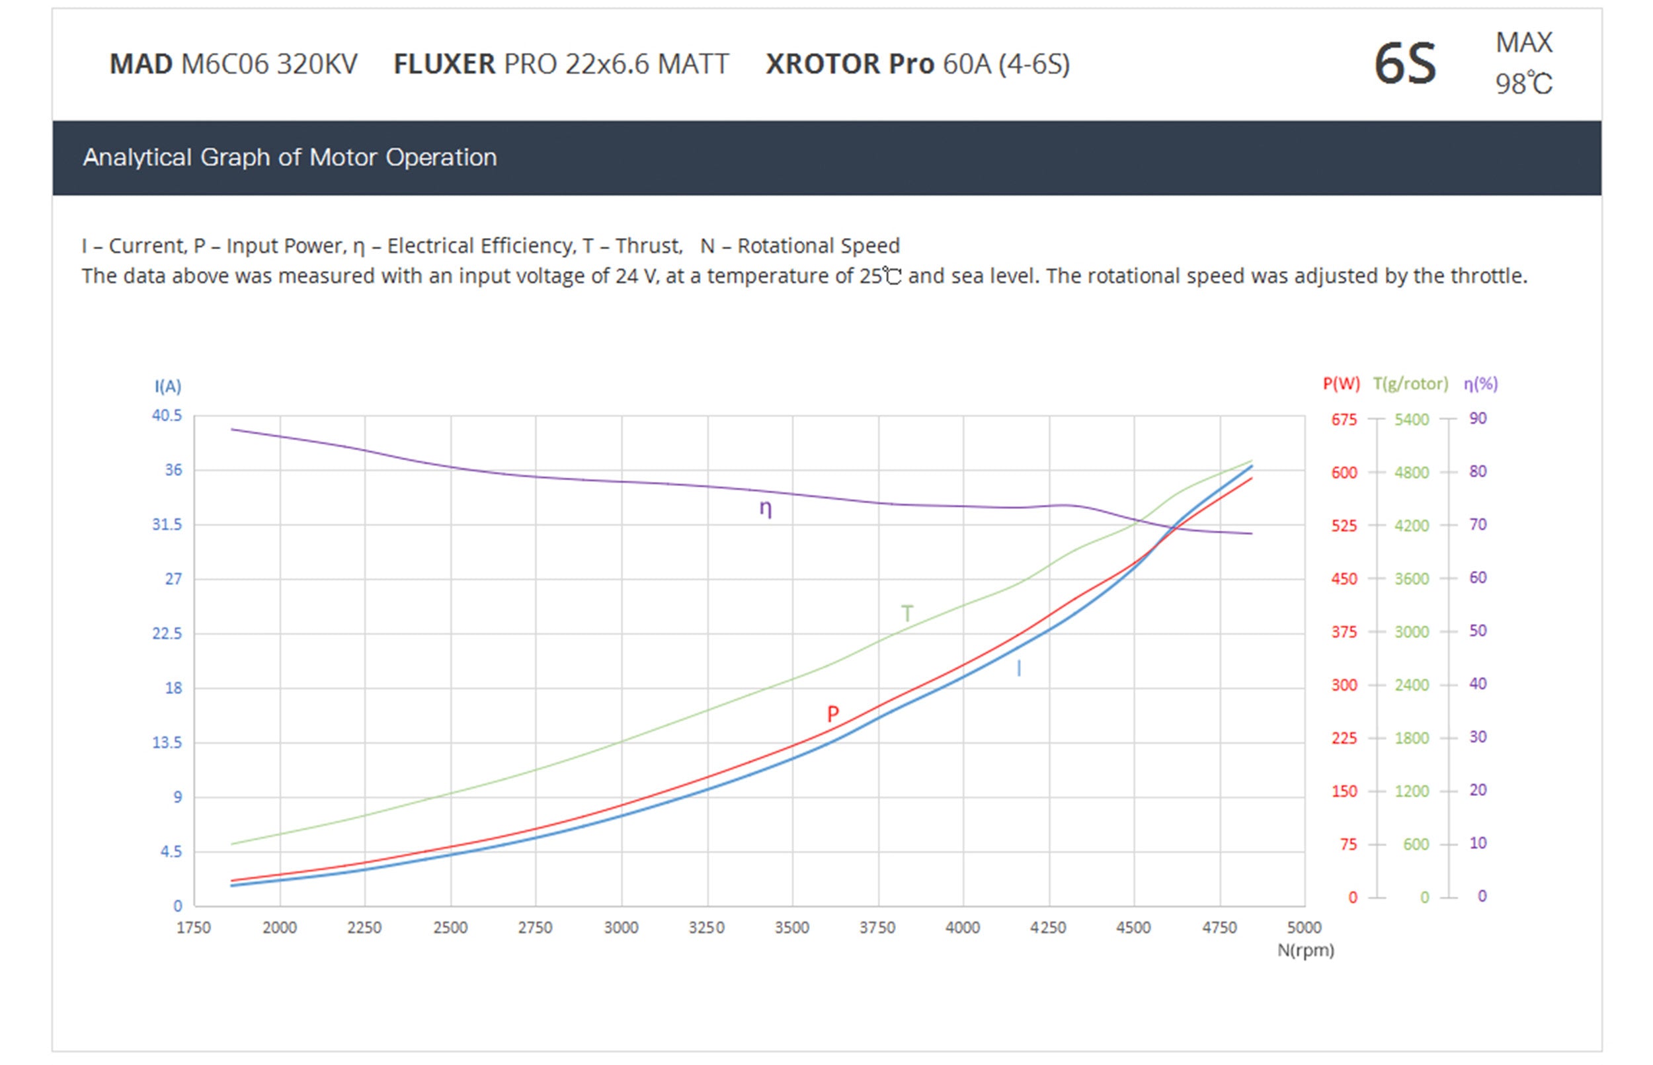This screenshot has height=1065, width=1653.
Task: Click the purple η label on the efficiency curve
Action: pyautogui.click(x=766, y=509)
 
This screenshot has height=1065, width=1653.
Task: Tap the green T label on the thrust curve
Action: pyautogui.click(x=907, y=613)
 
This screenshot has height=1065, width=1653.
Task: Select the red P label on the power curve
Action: pyautogui.click(x=832, y=713)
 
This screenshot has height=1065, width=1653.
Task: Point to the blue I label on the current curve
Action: pyautogui.click(x=1019, y=668)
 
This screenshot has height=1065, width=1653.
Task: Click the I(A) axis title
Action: pyautogui.click(x=168, y=386)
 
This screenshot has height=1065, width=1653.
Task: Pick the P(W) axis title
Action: pyautogui.click(x=1341, y=384)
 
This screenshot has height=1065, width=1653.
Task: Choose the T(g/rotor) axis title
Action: pyautogui.click(x=1410, y=384)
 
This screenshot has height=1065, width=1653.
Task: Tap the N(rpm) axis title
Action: pyautogui.click(x=1305, y=950)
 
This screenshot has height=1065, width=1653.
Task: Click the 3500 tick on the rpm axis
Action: pyautogui.click(x=792, y=927)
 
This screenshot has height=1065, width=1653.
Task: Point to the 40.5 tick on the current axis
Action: pyautogui.click(x=167, y=416)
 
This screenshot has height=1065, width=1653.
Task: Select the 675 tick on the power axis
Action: pyautogui.click(x=1344, y=420)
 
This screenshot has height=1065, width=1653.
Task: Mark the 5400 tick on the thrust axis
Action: pyautogui.click(x=1411, y=420)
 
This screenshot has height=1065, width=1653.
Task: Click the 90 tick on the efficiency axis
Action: pyautogui.click(x=1477, y=418)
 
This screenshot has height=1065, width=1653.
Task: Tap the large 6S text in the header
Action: pyautogui.click(x=1404, y=64)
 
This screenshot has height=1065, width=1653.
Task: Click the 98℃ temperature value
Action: pyautogui.click(x=1523, y=85)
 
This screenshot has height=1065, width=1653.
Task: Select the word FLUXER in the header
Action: pyautogui.click(x=444, y=64)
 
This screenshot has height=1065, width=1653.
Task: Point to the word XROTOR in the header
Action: pyautogui.click(x=823, y=64)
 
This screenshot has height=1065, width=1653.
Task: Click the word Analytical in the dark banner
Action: pyautogui.click(x=137, y=158)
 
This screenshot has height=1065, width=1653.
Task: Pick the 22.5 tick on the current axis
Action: pyautogui.click(x=167, y=633)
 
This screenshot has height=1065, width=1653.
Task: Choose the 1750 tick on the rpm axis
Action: pyautogui.click(x=194, y=927)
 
